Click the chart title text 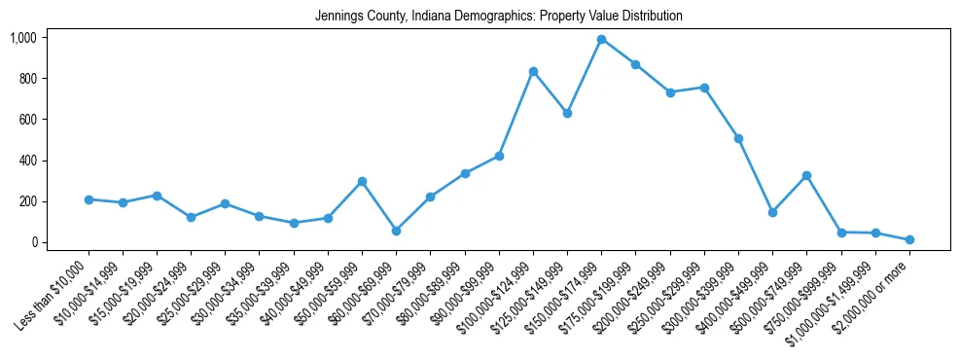[x=499, y=17]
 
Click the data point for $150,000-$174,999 [x=602, y=40]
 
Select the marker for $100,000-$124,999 [x=533, y=72]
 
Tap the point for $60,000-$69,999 [x=397, y=231]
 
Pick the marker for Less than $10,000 [x=89, y=199]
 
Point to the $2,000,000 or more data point [x=909, y=239]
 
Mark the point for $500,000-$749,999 [x=807, y=176]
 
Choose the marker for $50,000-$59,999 [x=362, y=181]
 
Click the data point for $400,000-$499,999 [x=772, y=212]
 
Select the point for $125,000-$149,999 [x=567, y=113]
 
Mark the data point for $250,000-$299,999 [x=704, y=88]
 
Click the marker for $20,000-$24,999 [x=192, y=217]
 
